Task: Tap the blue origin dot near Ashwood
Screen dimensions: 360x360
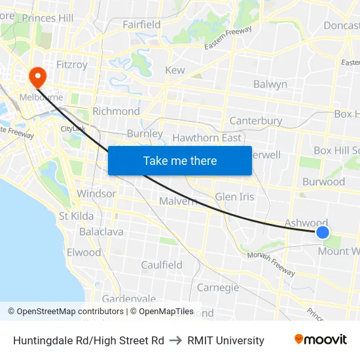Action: tap(322, 232)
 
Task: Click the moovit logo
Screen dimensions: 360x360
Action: tap(321, 340)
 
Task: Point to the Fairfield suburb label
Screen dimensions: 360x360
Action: tap(141, 25)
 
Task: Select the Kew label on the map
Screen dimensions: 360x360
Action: tap(175, 70)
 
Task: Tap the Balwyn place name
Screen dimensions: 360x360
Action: tap(270, 84)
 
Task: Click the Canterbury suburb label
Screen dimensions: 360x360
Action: tap(256, 121)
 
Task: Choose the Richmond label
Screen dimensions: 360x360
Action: tap(116, 111)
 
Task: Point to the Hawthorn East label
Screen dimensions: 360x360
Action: tap(206, 137)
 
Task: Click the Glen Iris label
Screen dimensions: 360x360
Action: tap(234, 196)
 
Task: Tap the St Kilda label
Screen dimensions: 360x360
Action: tap(76, 216)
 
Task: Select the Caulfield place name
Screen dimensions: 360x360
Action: tap(162, 265)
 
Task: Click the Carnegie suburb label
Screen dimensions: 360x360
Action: tap(218, 287)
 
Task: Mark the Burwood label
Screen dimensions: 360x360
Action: tap(323, 181)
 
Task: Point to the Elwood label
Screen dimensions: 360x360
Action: tap(84, 252)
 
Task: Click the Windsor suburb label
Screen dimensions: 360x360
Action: tap(96, 194)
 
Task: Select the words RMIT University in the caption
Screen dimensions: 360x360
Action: tap(226, 340)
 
